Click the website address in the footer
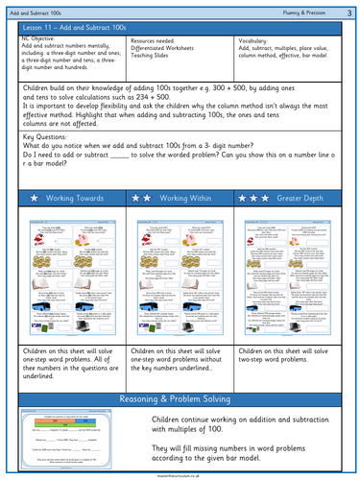[x=180, y=474]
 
